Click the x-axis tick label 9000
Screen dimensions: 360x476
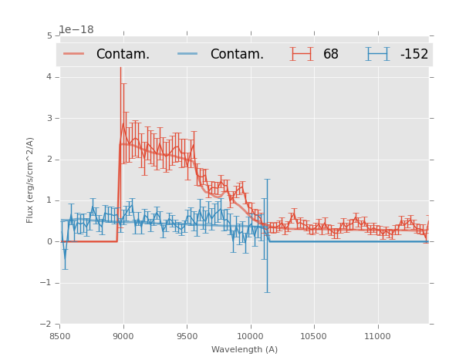(x=123, y=336)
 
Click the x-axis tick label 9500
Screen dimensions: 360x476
(x=187, y=336)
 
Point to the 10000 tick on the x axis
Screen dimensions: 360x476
(x=250, y=336)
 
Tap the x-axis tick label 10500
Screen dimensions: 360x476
(x=314, y=336)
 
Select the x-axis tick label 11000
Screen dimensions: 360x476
(x=377, y=336)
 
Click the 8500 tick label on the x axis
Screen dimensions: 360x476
(x=60, y=336)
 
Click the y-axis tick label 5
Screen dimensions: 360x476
(x=49, y=35)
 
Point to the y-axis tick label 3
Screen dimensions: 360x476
(x=49, y=118)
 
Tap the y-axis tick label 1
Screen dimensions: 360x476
(x=49, y=200)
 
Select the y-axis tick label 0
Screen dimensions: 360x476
(x=49, y=242)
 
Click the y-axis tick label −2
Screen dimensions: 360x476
(x=46, y=325)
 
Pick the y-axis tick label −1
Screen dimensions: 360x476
(x=46, y=283)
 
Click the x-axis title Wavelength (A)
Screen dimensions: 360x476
(x=245, y=350)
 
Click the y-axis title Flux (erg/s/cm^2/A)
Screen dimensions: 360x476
(x=31, y=180)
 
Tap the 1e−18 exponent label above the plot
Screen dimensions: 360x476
(x=76, y=29)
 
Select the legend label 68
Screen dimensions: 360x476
(x=331, y=54)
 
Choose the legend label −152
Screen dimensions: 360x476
(x=414, y=54)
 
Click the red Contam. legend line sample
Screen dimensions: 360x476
(x=74, y=54)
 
